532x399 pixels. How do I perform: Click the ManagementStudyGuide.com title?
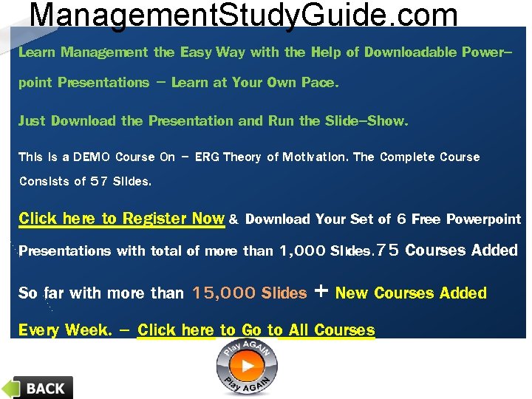click(x=243, y=14)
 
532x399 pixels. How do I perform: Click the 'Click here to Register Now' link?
click(x=121, y=219)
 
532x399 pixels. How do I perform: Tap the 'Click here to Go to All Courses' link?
click(x=256, y=330)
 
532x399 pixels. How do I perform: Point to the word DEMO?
click(x=92, y=157)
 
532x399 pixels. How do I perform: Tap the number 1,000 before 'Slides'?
click(x=303, y=251)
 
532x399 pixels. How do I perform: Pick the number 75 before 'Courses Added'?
click(x=388, y=250)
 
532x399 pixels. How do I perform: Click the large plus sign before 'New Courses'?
click(x=321, y=291)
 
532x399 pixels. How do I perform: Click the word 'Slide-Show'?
click(x=366, y=121)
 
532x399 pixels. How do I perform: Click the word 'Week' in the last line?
click(x=88, y=330)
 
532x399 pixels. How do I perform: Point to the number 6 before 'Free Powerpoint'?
click(x=402, y=219)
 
